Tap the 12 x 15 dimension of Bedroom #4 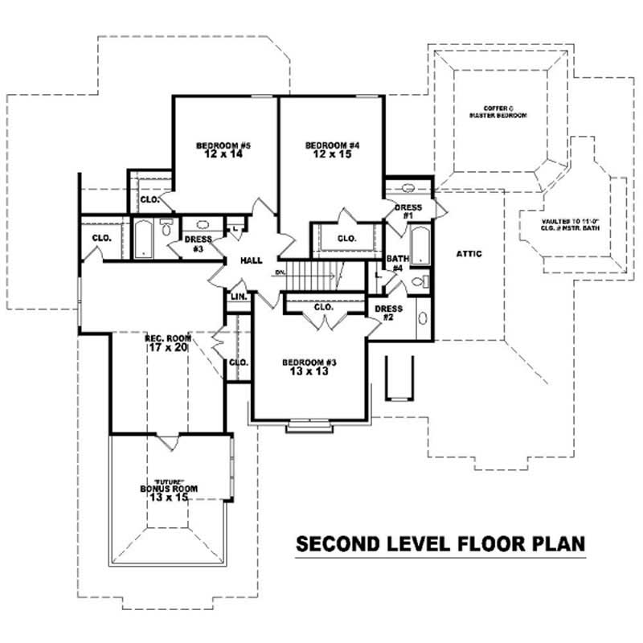point(332,154)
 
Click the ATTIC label point(469,254)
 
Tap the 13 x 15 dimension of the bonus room point(168,498)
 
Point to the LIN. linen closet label point(239,297)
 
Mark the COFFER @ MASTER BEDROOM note point(498,112)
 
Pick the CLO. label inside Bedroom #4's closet point(346,239)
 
